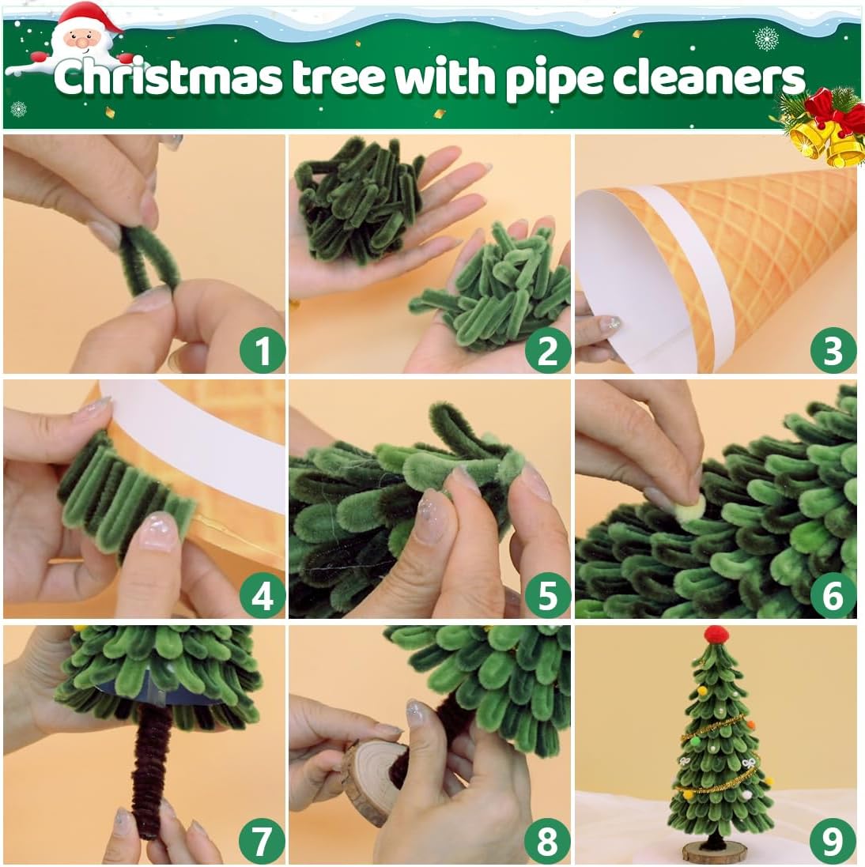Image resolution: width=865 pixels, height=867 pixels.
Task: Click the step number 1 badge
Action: pyautogui.click(x=262, y=350)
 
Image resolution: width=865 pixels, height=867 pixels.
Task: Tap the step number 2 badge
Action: pyautogui.click(x=547, y=350)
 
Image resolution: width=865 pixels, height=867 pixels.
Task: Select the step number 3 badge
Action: pyautogui.click(x=833, y=350)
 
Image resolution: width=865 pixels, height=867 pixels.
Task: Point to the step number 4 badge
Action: pyautogui.click(x=262, y=596)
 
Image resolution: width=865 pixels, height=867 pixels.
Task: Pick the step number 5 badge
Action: pyautogui.click(x=547, y=596)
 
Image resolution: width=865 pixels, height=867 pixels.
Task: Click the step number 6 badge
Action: pyautogui.click(x=833, y=596)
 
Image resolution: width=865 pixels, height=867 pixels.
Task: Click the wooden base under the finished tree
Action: pyautogui.click(x=716, y=851)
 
